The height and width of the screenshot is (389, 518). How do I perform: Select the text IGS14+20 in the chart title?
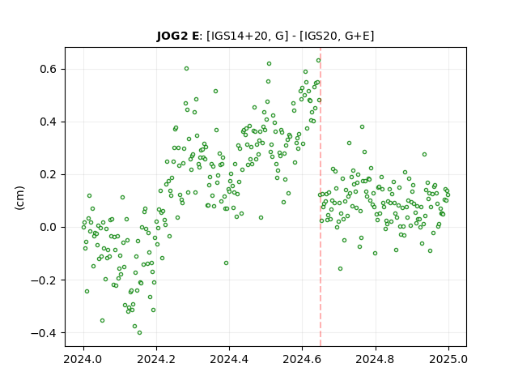click(x=237, y=36)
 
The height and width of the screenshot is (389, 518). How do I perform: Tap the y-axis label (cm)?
click(x=19, y=198)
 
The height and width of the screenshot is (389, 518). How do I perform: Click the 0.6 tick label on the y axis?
click(x=49, y=69)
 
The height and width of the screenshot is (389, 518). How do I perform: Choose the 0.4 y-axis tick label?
click(x=49, y=122)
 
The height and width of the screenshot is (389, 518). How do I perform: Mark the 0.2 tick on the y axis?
click(x=49, y=174)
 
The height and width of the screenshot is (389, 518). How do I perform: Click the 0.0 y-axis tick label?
click(x=49, y=227)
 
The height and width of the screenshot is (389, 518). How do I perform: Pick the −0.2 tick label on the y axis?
click(x=44, y=280)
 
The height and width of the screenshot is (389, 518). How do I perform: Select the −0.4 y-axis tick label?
click(x=44, y=333)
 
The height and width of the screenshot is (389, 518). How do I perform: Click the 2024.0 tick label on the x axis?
click(x=83, y=359)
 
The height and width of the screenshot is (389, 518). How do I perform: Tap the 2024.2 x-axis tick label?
click(x=156, y=359)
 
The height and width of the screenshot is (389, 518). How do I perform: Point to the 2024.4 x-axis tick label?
click(x=229, y=359)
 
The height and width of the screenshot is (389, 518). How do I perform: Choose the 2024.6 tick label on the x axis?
click(x=302, y=359)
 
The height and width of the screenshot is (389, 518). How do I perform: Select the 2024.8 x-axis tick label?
click(x=376, y=359)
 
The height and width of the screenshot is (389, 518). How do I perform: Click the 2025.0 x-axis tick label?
click(x=448, y=359)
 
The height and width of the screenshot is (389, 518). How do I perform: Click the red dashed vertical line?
click(x=321, y=197)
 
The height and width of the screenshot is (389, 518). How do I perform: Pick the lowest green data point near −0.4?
click(x=140, y=333)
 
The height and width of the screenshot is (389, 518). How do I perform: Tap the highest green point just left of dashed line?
click(x=318, y=61)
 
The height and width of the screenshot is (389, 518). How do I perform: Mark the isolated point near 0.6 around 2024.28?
click(x=187, y=68)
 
